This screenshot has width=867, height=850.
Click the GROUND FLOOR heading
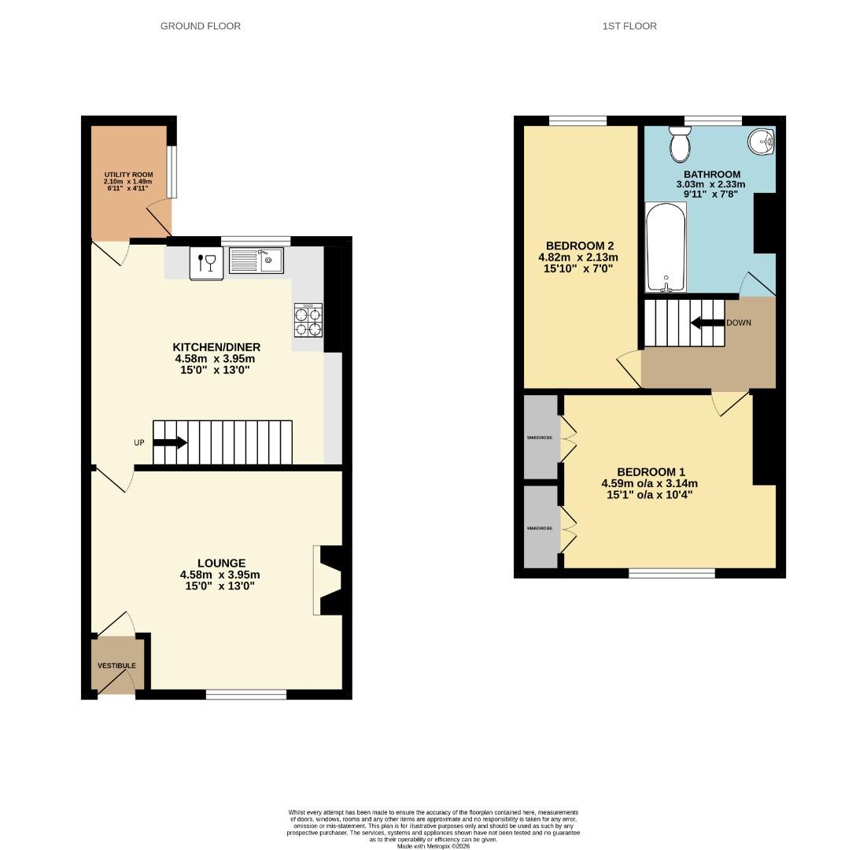(x=201, y=26)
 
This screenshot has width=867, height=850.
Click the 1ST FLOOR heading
(x=629, y=26)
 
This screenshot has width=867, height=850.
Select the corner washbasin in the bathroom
(x=761, y=142)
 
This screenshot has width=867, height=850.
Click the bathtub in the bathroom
(x=666, y=247)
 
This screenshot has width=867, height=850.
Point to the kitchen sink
(x=256, y=261)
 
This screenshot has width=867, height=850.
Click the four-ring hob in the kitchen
(x=308, y=320)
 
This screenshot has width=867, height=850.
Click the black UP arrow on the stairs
(x=170, y=442)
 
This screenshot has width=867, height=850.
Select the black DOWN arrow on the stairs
(x=707, y=323)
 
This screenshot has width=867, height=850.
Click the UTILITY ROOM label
(x=128, y=175)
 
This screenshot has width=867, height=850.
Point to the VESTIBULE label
(x=116, y=666)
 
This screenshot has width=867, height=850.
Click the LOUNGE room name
(x=221, y=564)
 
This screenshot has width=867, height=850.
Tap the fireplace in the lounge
(x=327, y=581)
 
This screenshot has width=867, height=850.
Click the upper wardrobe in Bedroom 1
(x=542, y=437)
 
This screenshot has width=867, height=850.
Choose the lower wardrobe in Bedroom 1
(x=542, y=527)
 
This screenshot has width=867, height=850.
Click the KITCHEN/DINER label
(x=216, y=347)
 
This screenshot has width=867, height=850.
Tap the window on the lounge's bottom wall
(x=246, y=694)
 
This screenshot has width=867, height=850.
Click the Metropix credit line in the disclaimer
(x=434, y=846)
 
